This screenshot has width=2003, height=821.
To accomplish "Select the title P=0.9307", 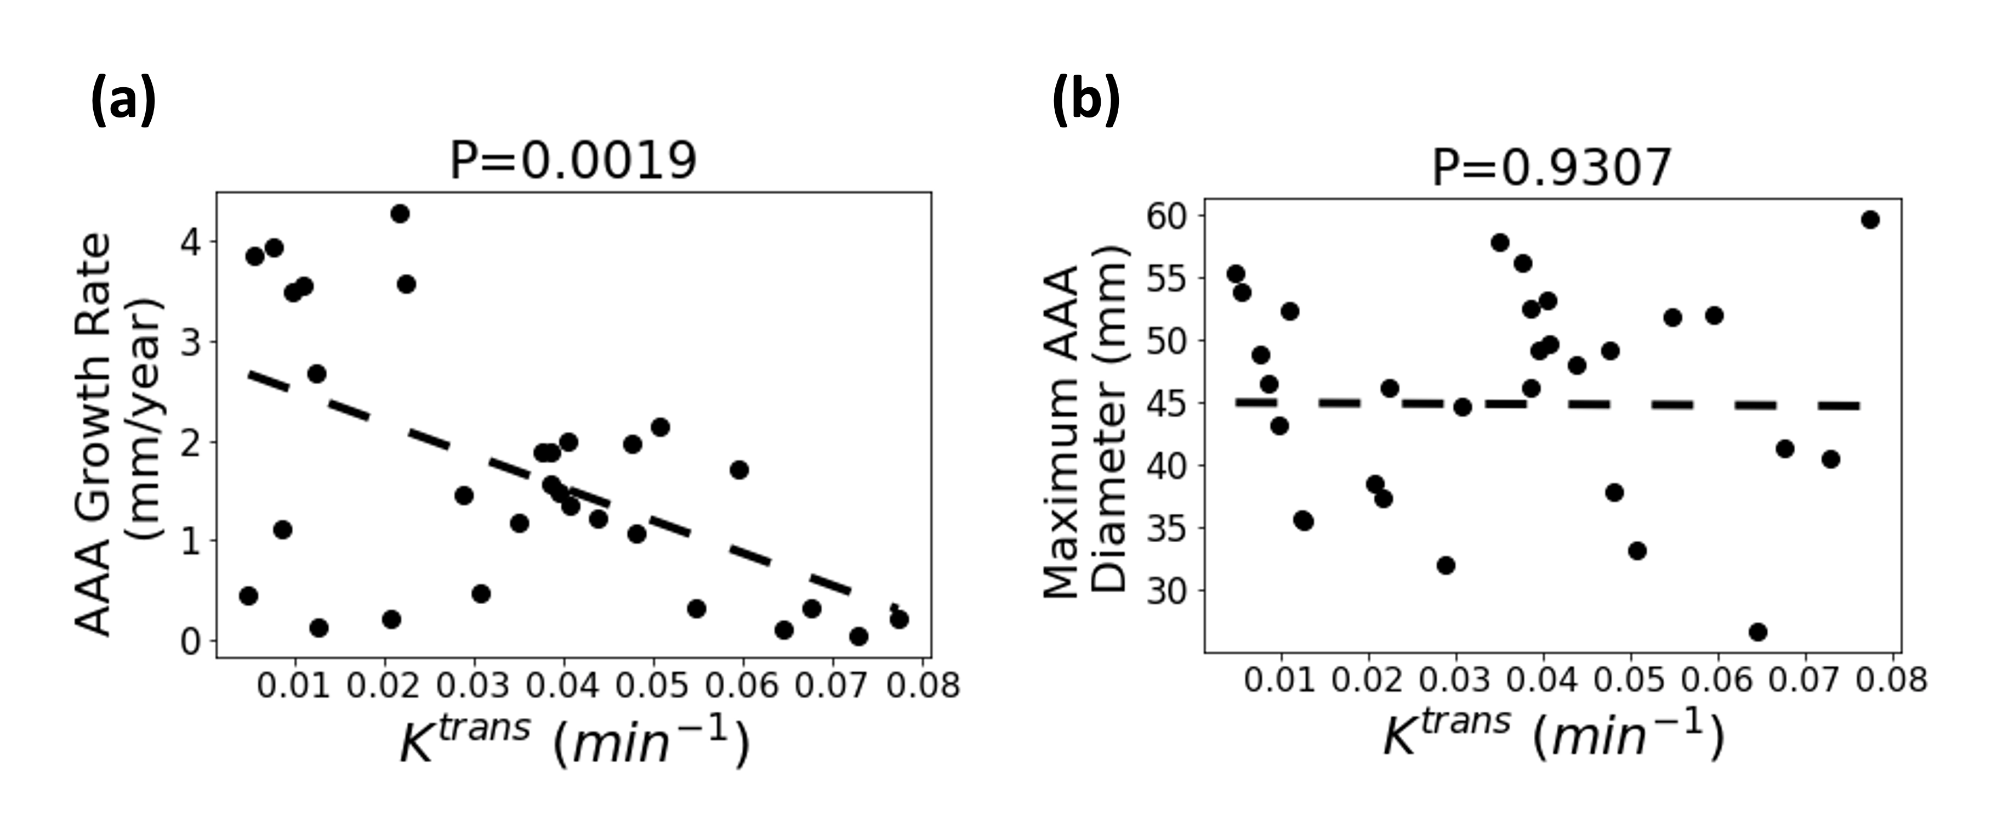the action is click(1551, 166).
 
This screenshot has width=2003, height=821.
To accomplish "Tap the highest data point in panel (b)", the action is click(1870, 220).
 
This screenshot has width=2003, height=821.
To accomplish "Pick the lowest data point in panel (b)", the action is click(1757, 632).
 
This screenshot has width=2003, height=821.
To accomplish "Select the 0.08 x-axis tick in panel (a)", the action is click(921, 685).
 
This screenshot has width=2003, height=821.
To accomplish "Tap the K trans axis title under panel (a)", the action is click(574, 743).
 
